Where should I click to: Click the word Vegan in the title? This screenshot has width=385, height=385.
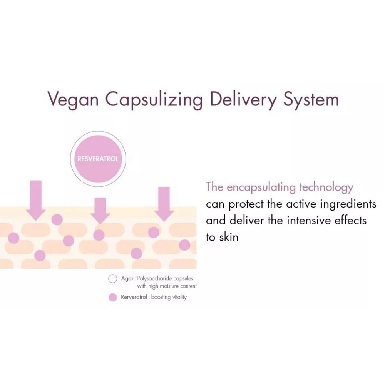(x=73, y=99)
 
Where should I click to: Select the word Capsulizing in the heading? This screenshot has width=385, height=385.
(x=154, y=100)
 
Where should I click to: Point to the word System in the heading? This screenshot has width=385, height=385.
(x=311, y=100)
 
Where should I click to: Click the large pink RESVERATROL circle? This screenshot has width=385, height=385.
(x=98, y=159)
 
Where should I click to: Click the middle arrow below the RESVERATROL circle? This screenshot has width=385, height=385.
(x=100, y=211)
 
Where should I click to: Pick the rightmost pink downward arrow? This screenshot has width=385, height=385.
(x=164, y=204)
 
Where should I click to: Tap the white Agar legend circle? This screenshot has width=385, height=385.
(x=113, y=279)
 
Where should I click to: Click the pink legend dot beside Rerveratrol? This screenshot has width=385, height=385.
(x=113, y=297)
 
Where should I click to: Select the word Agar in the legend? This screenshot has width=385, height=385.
(x=127, y=279)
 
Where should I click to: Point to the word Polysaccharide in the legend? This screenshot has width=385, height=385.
(x=155, y=279)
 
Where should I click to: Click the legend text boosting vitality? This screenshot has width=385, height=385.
(x=169, y=297)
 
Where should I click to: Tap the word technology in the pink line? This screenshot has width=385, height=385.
(x=326, y=187)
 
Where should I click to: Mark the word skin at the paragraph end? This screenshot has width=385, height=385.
(x=229, y=237)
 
